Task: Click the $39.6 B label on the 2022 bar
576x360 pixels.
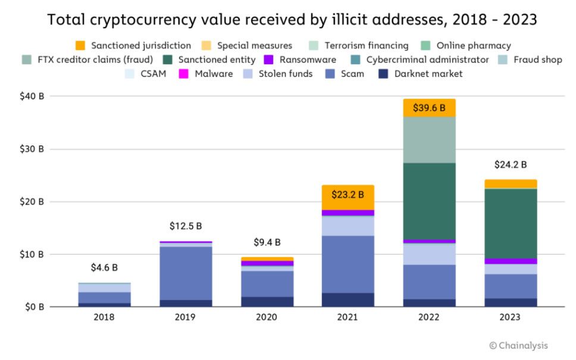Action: click(x=429, y=107)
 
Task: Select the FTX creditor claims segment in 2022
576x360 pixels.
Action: click(x=429, y=140)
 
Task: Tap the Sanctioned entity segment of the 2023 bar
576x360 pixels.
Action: click(x=511, y=223)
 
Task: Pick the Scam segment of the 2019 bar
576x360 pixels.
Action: click(x=185, y=273)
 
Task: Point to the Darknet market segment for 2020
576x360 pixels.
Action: click(x=267, y=302)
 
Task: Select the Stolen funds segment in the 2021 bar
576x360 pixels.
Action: click(x=348, y=226)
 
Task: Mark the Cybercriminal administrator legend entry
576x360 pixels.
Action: click(x=421, y=60)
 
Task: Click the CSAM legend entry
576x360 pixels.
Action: click(x=146, y=74)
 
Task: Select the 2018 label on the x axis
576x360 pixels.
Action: click(x=104, y=317)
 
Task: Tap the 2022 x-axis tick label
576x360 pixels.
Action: click(x=429, y=317)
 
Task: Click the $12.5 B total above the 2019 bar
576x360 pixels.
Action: click(x=185, y=227)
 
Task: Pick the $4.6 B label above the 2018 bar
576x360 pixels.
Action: click(x=104, y=268)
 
